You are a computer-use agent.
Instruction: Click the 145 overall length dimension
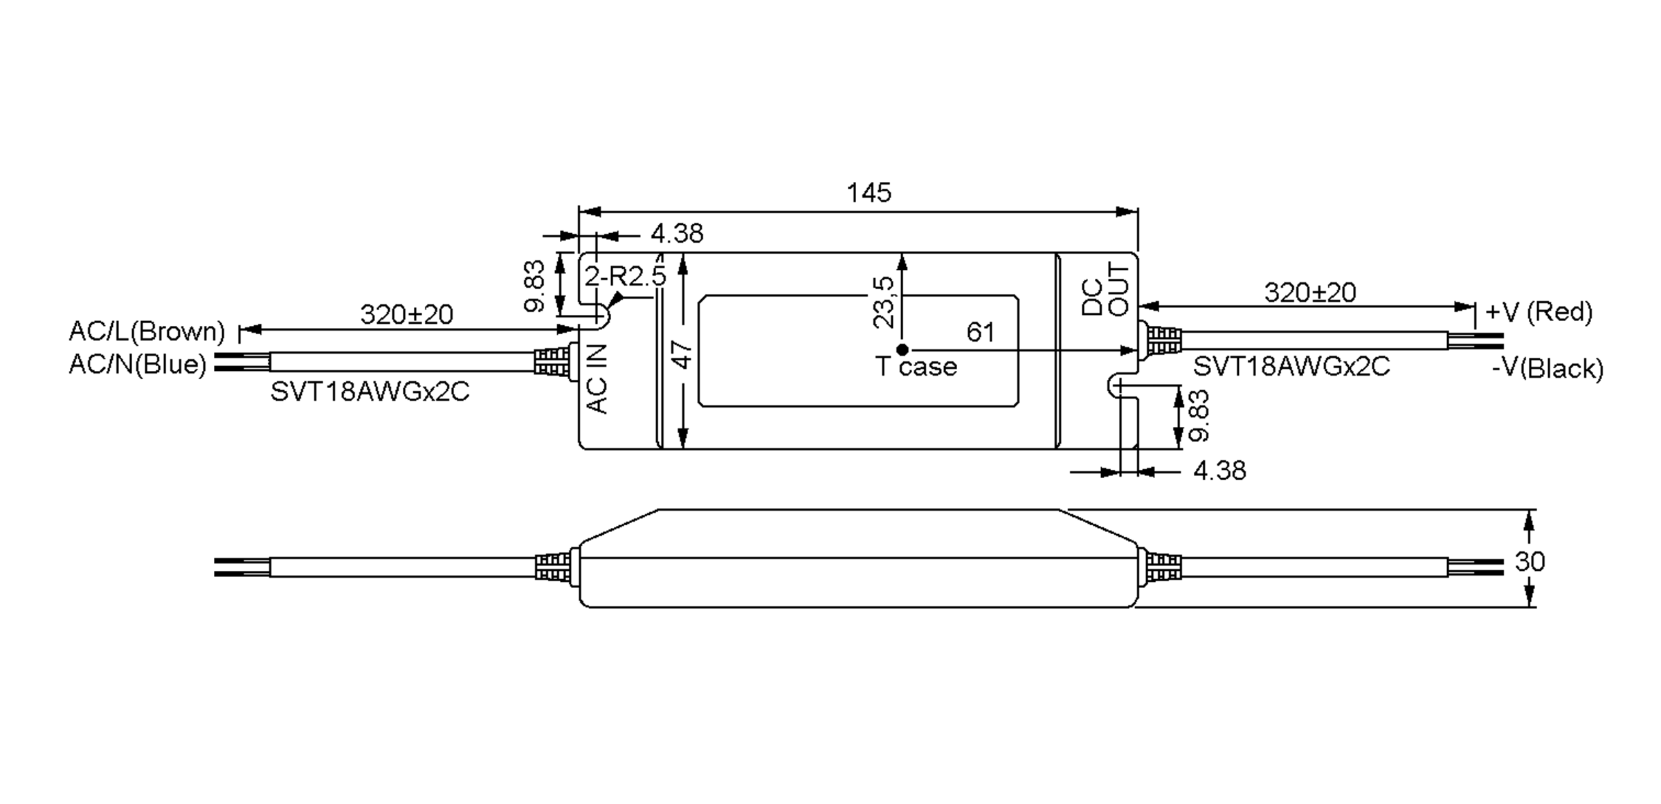pos(869,192)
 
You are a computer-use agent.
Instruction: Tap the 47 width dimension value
pos(682,355)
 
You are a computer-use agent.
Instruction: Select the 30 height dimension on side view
pos(1530,561)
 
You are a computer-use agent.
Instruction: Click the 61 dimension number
pos(981,333)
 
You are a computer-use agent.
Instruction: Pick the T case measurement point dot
pos(902,350)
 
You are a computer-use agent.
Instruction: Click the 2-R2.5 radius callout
pos(625,276)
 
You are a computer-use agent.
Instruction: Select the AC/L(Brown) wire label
pos(147,331)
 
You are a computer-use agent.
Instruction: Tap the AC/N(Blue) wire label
pos(138,364)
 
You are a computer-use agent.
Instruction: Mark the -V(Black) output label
pos(1547,368)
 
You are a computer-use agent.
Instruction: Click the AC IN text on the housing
pos(597,379)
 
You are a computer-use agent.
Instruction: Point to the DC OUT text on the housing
pos(1105,289)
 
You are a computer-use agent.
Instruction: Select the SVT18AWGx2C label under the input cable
pos(370,392)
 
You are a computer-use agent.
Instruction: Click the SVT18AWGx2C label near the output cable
pos(1291,366)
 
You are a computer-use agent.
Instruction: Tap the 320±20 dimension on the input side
pos(407,315)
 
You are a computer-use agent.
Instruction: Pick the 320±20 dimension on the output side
pos(1310,293)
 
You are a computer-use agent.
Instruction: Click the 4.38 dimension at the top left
pos(677,234)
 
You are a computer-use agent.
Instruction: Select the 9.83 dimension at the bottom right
pos(1199,416)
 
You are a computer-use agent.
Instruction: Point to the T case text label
pos(916,367)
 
